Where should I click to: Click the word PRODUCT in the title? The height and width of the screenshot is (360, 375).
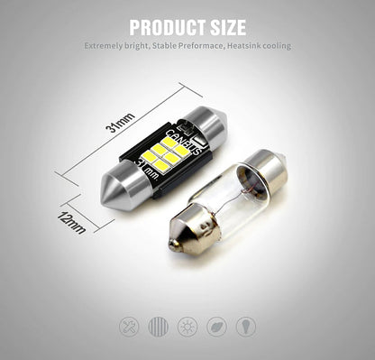click(165, 27)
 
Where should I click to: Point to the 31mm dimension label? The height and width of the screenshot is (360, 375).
click(120, 123)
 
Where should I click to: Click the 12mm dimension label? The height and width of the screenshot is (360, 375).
click(71, 223)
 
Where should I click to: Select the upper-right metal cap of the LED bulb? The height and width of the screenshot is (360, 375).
click(206, 124)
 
